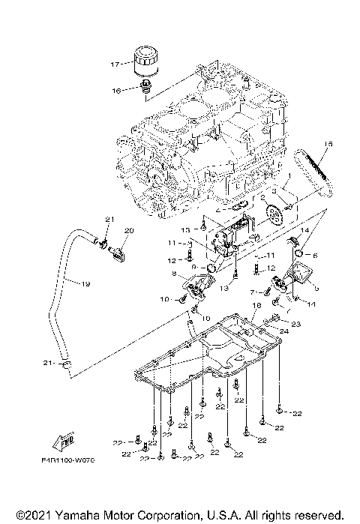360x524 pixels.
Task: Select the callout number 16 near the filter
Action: (x=116, y=90)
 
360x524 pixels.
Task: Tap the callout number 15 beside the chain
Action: (x=328, y=144)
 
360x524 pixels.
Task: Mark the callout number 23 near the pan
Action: (x=295, y=323)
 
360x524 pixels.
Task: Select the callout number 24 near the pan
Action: (x=285, y=331)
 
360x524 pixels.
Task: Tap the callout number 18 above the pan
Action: (x=256, y=306)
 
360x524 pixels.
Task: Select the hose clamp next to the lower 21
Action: (x=68, y=365)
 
